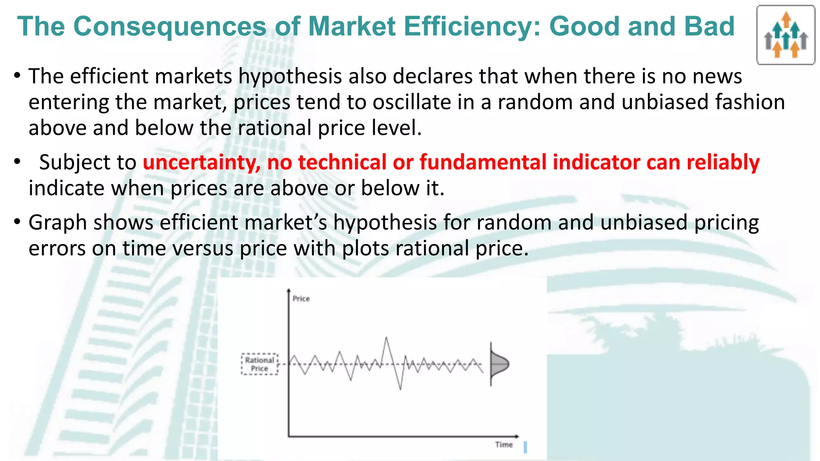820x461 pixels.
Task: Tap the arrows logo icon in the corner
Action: click(x=786, y=35)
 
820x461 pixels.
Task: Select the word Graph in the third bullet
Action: click(x=57, y=222)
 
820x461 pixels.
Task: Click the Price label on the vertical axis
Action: click(x=301, y=299)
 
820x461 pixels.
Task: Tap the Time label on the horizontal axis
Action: click(x=504, y=445)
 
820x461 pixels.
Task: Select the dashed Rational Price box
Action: click(x=259, y=364)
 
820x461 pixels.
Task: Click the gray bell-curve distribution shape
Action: click(x=498, y=364)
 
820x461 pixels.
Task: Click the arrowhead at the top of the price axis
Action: click(x=289, y=290)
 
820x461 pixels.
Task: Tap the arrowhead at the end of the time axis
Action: click(x=517, y=436)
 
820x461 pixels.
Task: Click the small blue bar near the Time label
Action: click(x=525, y=447)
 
